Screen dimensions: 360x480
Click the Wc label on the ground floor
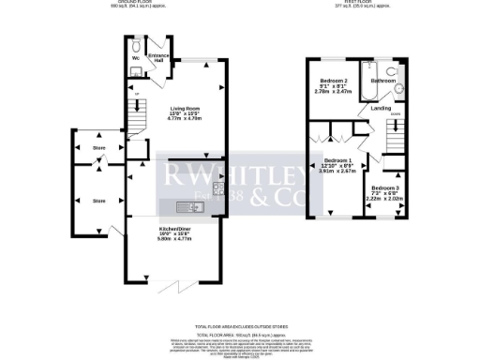pos(137,58)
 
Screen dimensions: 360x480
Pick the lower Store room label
pos(98,201)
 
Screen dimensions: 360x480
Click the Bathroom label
pos(382,82)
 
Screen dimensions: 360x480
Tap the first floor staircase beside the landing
pos(397,136)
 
